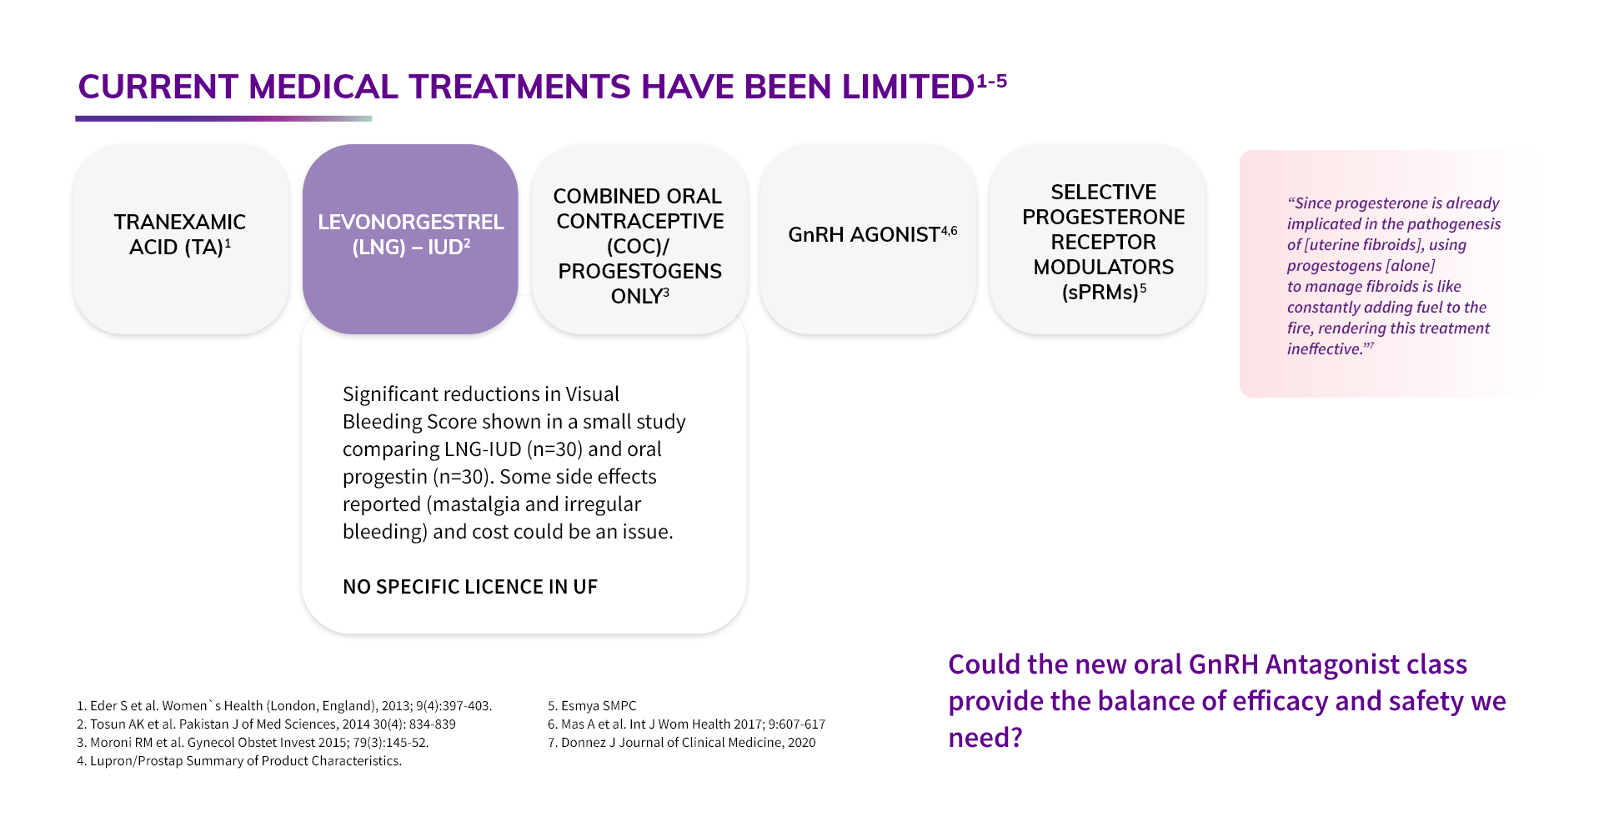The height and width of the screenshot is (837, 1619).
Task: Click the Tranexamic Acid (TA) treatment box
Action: [x=181, y=239]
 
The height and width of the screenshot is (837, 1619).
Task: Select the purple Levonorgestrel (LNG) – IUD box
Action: [x=410, y=239]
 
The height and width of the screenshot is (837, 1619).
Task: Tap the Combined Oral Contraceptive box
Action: [x=639, y=239]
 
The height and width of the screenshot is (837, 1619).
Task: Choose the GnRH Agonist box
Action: [x=868, y=239]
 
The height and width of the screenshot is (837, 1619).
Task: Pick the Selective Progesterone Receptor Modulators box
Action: [x=1097, y=239]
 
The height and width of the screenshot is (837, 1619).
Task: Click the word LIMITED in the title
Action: [x=908, y=88]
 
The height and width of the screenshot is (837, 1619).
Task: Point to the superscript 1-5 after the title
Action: [x=992, y=81]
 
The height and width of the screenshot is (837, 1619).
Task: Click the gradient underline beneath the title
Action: [x=223, y=118]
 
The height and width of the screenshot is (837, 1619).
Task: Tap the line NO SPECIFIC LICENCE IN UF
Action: [x=470, y=587]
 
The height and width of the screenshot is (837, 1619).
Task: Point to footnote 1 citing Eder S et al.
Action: [x=284, y=706]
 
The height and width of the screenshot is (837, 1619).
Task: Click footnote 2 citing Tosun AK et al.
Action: [x=266, y=724]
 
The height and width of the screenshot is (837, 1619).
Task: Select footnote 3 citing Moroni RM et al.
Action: [x=253, y=743]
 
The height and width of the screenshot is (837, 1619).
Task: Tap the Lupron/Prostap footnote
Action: [x=239, y=761]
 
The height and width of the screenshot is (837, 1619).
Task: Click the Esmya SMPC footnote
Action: [x=592, y=706]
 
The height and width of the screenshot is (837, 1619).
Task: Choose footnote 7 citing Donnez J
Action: [x=682, y=743]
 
